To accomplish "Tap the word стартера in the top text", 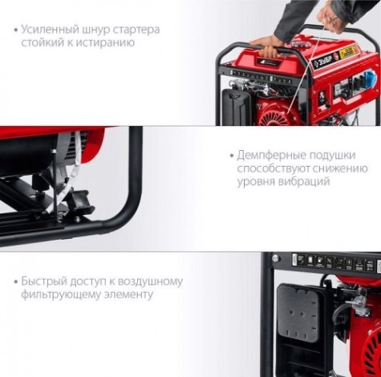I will [x=135, y=29].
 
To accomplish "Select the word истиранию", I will [x=108, y=43].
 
